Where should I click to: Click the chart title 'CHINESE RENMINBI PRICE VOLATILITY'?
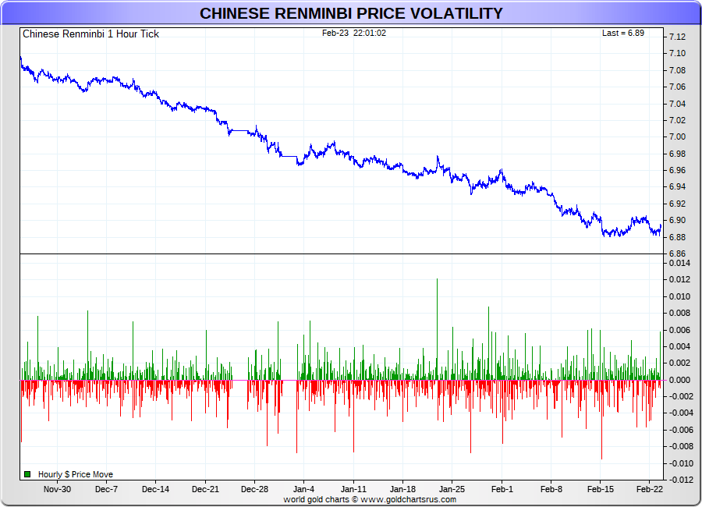[351, 13]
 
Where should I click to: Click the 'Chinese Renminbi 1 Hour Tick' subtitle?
[90, 34]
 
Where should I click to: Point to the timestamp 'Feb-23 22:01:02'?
[354, 33]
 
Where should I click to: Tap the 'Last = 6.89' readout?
[622, 33]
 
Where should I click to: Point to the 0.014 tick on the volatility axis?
[679, 264]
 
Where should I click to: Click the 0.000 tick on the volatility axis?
[679, 380]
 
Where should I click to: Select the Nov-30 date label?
[57, 490]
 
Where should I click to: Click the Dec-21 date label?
[205, 490]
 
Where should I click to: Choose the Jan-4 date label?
[304, 490]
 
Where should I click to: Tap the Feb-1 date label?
[502, 490]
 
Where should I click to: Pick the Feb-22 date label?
[650, 490]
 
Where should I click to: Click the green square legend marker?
[27, 474]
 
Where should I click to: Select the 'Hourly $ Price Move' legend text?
[76, 474]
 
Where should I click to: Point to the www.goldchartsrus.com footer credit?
[408, 499]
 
